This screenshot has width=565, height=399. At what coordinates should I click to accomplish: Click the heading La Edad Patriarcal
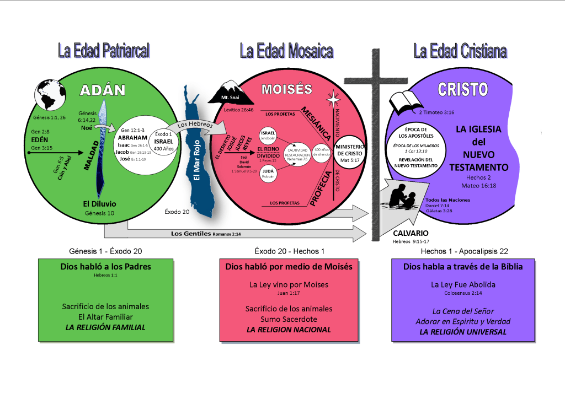(x=104, y=51)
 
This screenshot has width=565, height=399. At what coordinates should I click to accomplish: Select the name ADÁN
(x=102, y=90)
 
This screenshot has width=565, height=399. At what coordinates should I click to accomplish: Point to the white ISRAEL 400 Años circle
(x=164, y=142)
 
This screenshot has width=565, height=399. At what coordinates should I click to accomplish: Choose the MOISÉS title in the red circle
(x=286, y=89)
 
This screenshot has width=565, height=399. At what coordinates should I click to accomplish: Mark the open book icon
(x=406, y=103)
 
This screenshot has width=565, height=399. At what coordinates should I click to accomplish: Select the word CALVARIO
(x=411, y=233)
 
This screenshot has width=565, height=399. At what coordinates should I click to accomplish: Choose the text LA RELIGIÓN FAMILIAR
(x=105, y=327)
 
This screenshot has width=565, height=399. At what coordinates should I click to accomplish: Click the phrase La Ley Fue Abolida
(x=463, y=285)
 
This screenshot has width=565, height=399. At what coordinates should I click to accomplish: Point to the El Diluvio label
(x=100, y=204)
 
